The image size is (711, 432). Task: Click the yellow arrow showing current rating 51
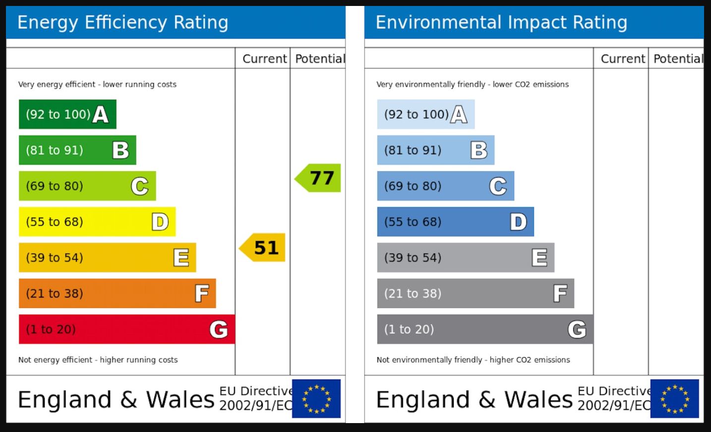tap(263, 247)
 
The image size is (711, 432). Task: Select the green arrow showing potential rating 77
tap(319, 178)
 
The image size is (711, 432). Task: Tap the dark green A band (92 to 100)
tap(67, 114)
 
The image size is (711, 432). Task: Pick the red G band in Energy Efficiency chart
tap(126, 329)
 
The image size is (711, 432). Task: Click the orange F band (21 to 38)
tap(117, 294)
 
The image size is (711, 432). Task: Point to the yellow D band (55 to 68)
tap(97, 222)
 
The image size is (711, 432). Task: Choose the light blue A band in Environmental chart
tap(425, 114)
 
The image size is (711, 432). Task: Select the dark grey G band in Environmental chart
tap(484, 329)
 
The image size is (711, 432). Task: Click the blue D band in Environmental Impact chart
tap(455, 222)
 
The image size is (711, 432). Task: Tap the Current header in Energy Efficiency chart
tap(264, 59)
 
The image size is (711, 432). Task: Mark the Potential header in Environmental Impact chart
tap(677, 59)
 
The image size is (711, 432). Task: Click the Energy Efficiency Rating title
tap(122, 23)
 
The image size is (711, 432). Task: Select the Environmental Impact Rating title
tap(501, 23)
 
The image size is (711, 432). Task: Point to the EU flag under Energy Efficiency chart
tap(316, 398)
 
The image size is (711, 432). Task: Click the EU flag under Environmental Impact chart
tap(674, 398)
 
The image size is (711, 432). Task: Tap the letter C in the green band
tap(140, 186)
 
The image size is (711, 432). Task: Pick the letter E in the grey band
tap(539, 258)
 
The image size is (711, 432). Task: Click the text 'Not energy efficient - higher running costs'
tap(98, 360)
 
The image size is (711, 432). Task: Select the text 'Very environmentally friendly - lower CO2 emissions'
tap(473, 84)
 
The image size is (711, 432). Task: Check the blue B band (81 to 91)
tap(435, 150)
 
